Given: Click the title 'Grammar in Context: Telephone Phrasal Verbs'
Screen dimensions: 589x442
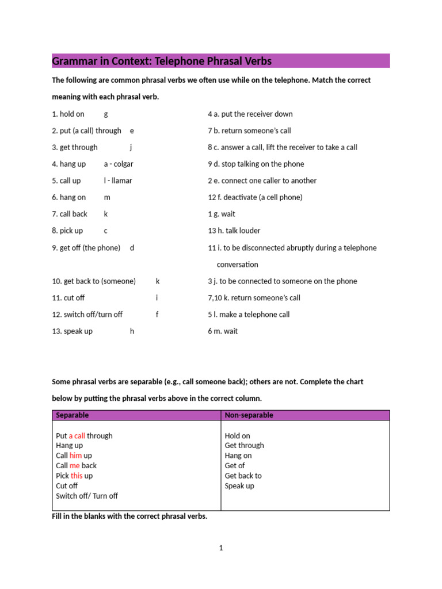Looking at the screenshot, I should (x=162, y=61).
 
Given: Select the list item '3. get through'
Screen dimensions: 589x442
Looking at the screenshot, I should (x=75, y=147).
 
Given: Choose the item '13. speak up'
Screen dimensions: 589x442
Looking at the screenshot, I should (x=72, y=331).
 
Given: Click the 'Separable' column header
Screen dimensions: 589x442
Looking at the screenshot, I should (x=73, y=415).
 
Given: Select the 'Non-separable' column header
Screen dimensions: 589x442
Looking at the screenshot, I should (x=249, y=415).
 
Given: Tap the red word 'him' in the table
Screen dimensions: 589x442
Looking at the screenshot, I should (x=76, y=456).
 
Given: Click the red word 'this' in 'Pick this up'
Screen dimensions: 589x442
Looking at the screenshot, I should (x=77, y=476).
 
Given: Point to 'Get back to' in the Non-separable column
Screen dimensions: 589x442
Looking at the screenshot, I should (x=243, y=476).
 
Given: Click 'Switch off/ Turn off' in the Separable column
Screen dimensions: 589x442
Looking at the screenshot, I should (x=87, y=496).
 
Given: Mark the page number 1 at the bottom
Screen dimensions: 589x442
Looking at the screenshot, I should (x=220, y=548).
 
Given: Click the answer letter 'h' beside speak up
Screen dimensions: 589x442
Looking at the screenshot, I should (x=132, y=331).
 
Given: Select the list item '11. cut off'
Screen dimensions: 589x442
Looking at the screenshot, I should (x=68, y=298).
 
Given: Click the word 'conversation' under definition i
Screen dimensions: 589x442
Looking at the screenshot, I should (x=237, y=265).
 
